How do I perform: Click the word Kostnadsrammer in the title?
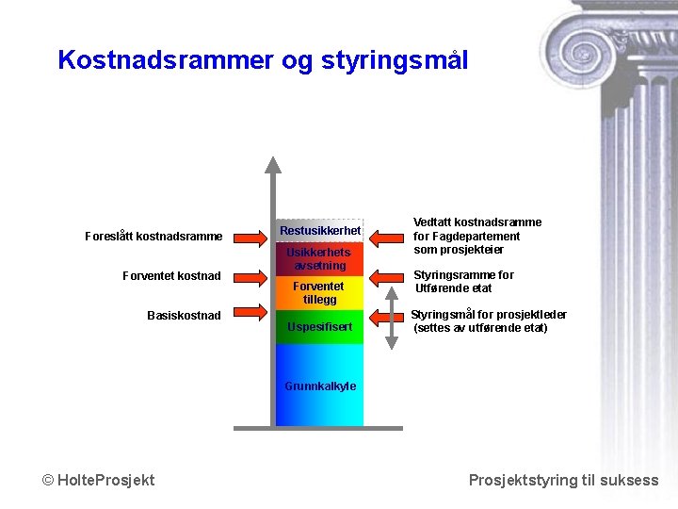[x=165, y=60]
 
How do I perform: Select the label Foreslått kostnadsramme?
[x=153, y=236]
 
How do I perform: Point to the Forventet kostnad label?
[x=172, y=275]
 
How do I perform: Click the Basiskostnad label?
[x=185, y=315]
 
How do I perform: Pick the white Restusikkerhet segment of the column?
[x=319, y=230]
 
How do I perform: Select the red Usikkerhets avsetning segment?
[x=319, y=259]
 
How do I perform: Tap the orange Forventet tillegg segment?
[x=319, y=293]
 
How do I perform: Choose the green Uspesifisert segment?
[x=319, y=327]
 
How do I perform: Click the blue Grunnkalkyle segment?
[x=319, y=386]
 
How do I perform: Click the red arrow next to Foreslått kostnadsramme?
[x=249, y=237]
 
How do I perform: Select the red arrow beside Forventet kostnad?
[x=249, y=276]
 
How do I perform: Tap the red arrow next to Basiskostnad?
[x=249, y=312]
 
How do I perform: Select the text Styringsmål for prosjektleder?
[x=488, y=315]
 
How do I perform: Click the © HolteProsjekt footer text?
[x=99, y=481]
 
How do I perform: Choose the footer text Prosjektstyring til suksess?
[x=563, y=481]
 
